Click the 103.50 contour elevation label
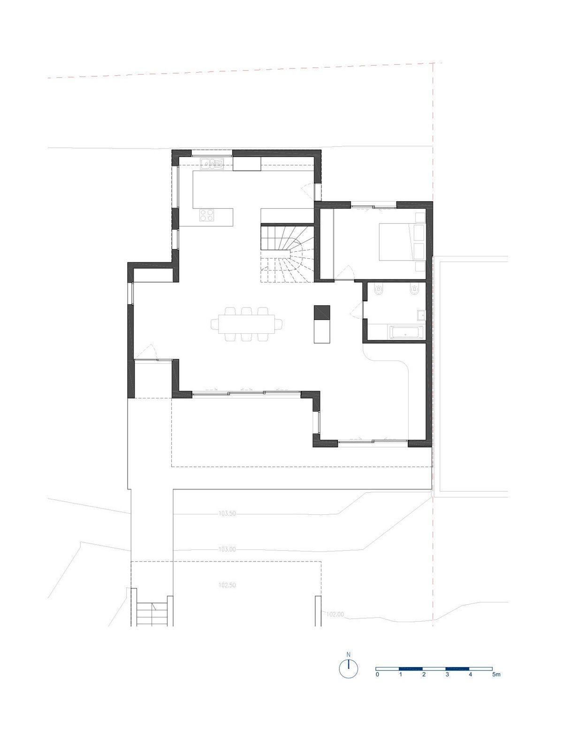click(x=227, y=513)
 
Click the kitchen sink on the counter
click(x=212, y=164)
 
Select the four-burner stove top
click(x=207, y=215)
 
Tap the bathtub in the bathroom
click(x=406, y=332)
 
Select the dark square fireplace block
click(x=322, y=312)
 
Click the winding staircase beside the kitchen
click(x=287, y=253)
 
